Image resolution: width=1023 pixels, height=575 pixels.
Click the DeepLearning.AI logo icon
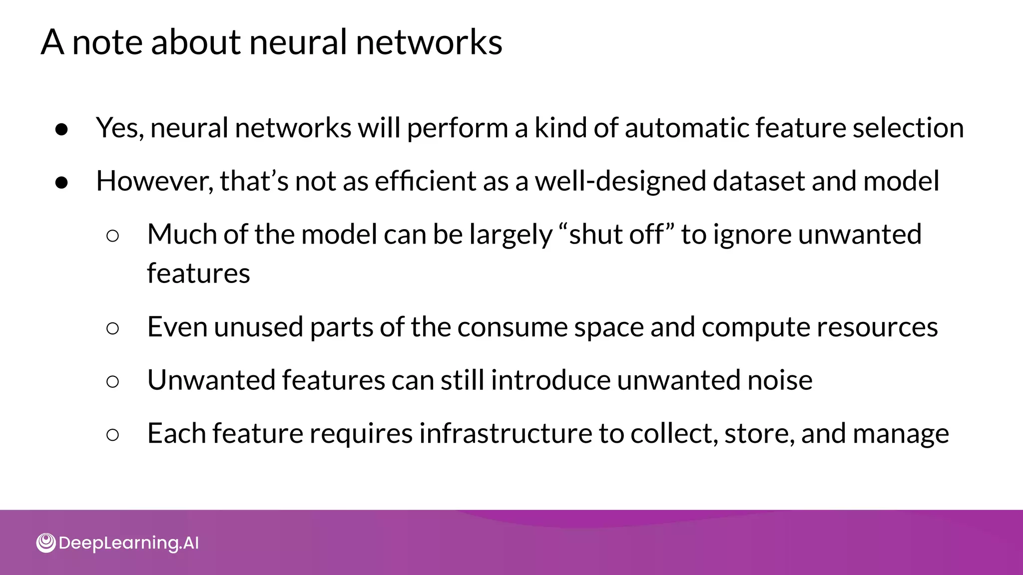[x=46, y=543]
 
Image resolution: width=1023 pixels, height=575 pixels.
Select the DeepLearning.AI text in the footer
[x=128, y=543]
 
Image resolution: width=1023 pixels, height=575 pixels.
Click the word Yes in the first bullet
[x=119, y=128]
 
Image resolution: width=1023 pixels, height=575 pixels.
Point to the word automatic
[x=686, y=128]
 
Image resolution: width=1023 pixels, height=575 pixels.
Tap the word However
[x=154, y=181]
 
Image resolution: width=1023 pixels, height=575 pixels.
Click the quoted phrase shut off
[x=617, y=234]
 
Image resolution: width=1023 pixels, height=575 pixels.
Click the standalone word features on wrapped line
[x=198, y=274]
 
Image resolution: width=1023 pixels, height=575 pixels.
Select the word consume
[x=512, y=327]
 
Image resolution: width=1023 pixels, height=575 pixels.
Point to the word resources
[x=877, y=327]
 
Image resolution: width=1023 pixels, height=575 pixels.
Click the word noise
[x=780, y=380]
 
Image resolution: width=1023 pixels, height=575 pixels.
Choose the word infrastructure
[x=505, y=433]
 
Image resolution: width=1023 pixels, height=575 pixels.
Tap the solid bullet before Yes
[x=61, y=129]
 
